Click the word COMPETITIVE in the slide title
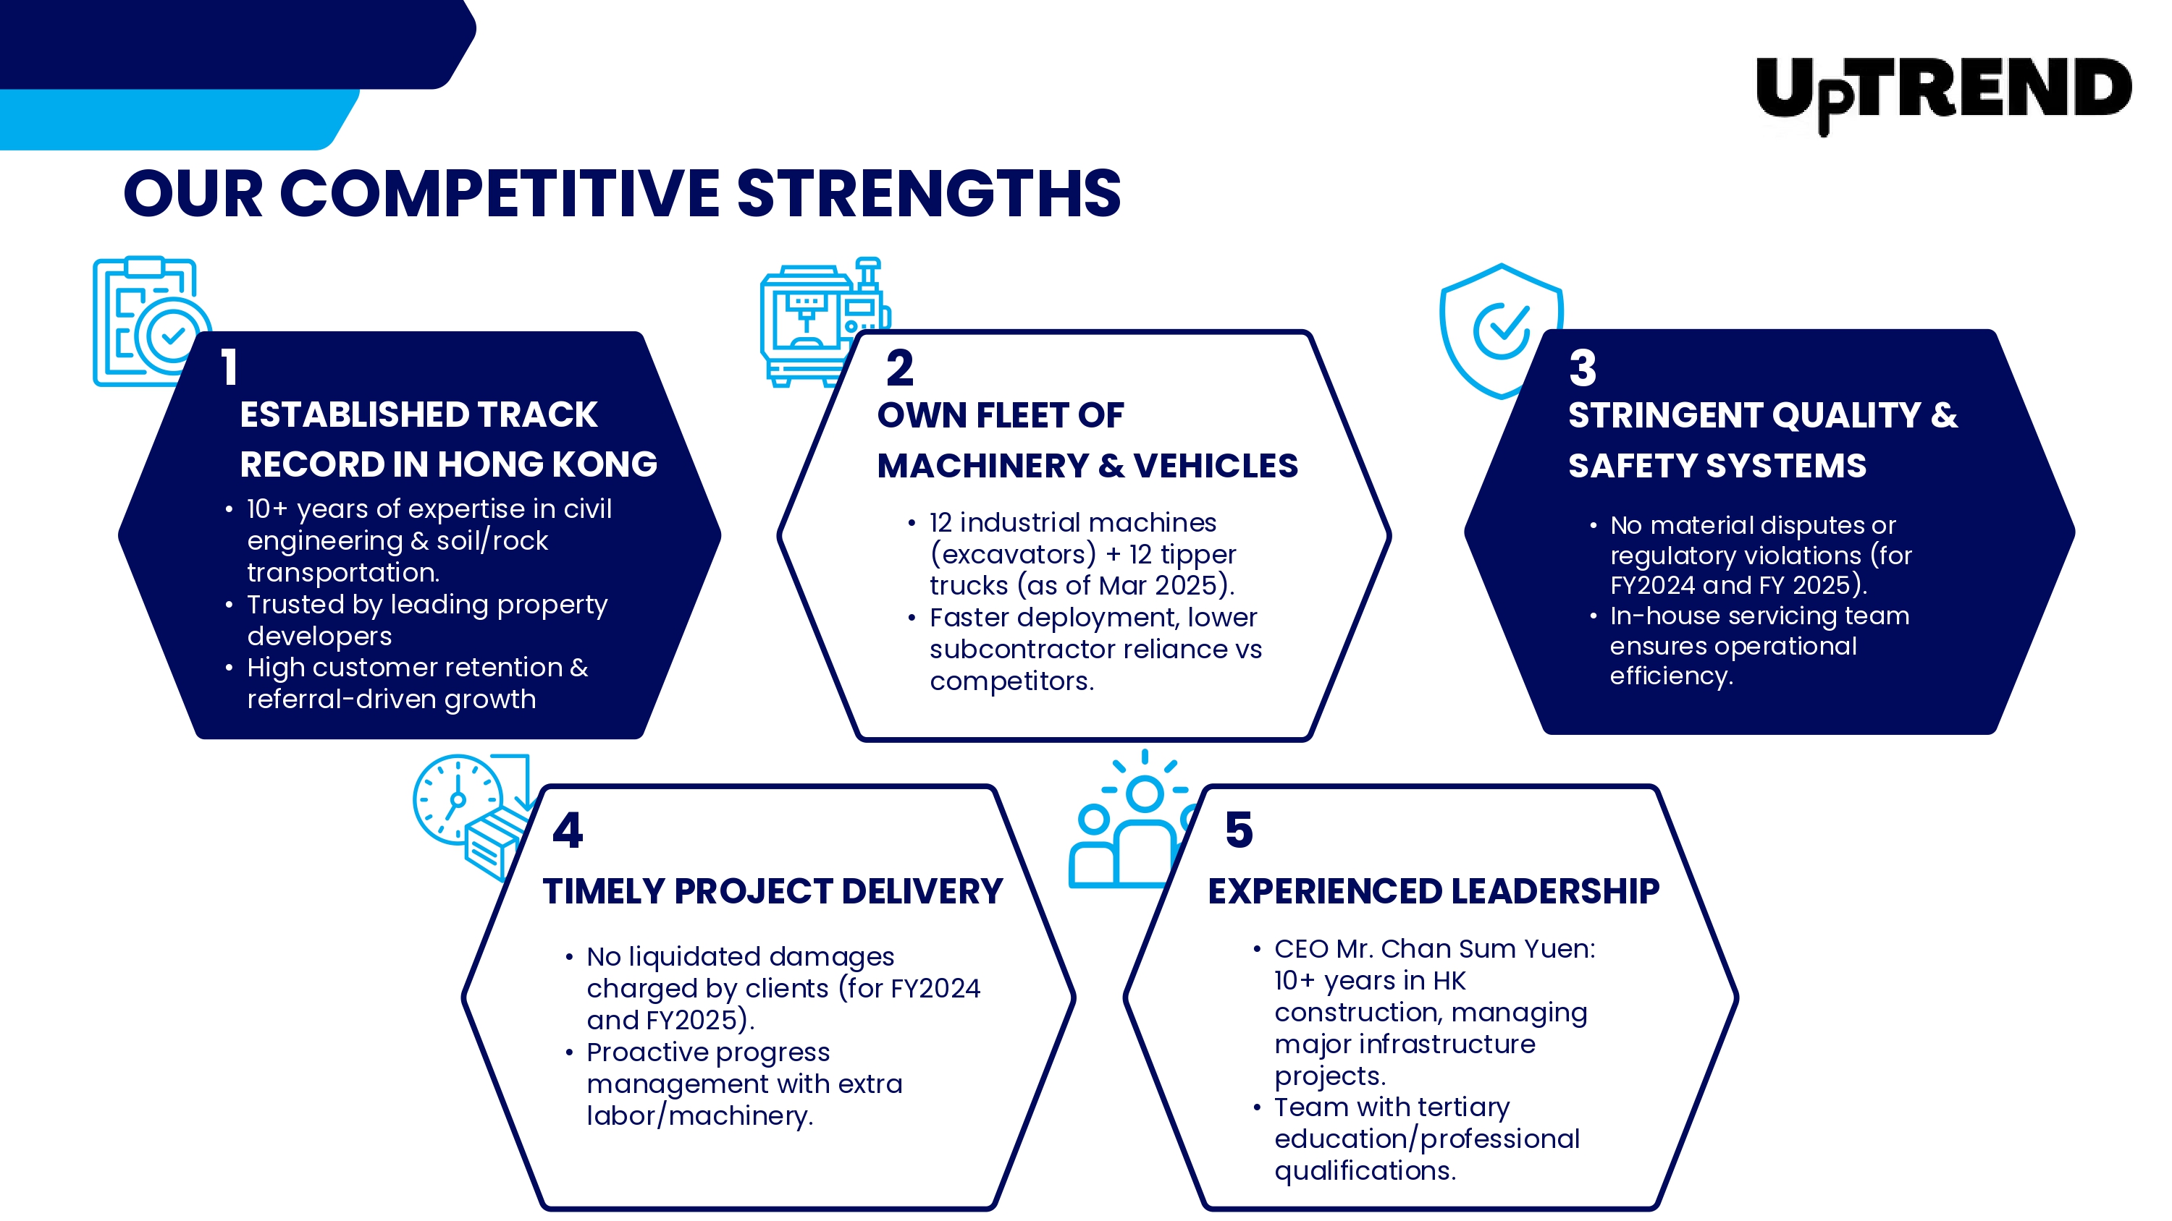[499, 193]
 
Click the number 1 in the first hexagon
[230, 367]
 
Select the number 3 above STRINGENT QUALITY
[1583, 367]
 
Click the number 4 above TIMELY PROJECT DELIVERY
[568, 830]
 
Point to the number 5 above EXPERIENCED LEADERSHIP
[1239, 829]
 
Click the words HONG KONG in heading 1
[547, 464]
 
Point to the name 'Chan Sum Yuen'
[1484, 949]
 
